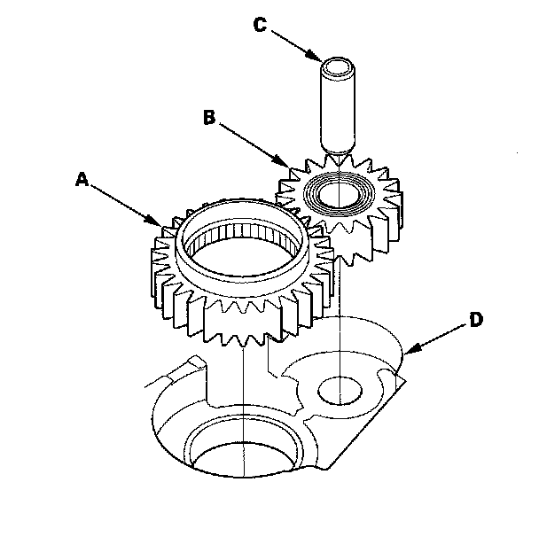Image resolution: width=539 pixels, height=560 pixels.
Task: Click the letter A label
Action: [x=82, y=179]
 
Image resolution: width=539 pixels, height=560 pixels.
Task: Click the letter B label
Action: [x=209, y=118]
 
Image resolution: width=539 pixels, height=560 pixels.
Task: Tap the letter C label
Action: [x=260, y=25]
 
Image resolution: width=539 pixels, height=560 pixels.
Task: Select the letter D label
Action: [x=476, y=320]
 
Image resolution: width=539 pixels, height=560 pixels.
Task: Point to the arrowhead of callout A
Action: [x=156, y=221]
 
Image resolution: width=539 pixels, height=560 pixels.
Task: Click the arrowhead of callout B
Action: [x=283, y=161]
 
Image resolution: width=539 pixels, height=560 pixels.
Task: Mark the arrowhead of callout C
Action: [x=314, y=56]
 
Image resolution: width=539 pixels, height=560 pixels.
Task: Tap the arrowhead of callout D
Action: [x=411, y=349]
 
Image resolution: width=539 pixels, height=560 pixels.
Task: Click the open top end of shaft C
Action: [x=338, y=66]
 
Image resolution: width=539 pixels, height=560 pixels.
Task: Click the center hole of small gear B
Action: [x=338, y=195]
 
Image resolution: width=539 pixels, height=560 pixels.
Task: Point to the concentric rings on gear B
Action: [x=338, y=193]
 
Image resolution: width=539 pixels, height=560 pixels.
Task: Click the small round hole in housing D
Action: [x=340, y=391]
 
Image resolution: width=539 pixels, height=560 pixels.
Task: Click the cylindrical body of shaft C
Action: [x=338, y=107]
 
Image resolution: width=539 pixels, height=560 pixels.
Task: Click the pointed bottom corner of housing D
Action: [x=326, y=468]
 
